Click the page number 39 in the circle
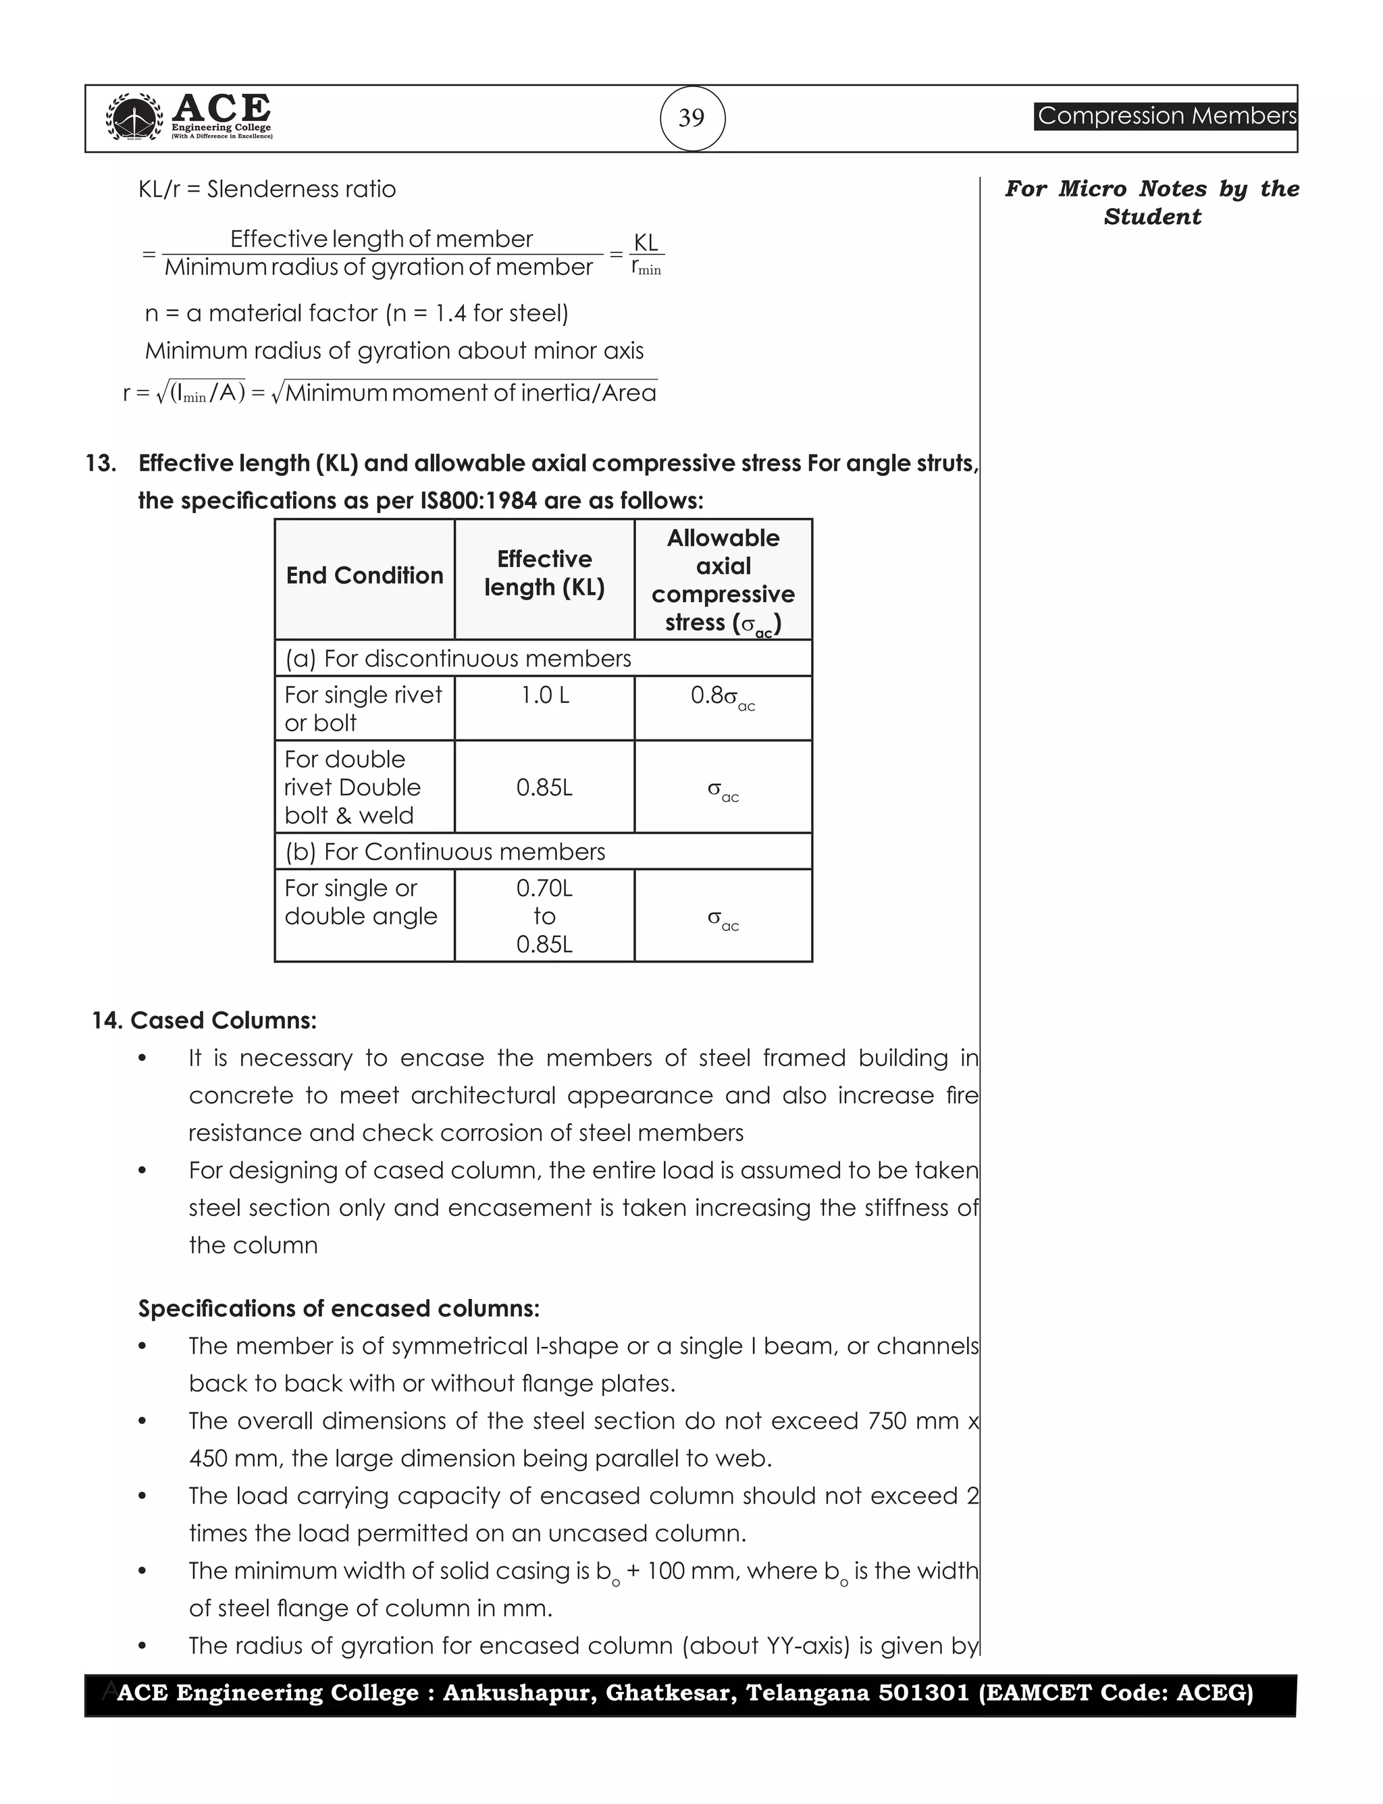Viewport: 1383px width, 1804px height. pyautogui.click(x=691, y=119)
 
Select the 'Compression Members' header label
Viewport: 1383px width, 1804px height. pyautogui.click(x=1166, y=116)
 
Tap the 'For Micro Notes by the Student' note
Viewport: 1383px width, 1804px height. pyautogui.click(x=1151, y=203)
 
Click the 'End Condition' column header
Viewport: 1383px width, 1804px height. pyautogui.click(x=365, y=575)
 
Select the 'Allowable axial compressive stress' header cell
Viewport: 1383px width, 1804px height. pyautogui.click(x=723, y=580)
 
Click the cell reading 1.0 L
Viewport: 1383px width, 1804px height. pyautogui.click(x=544, y=696)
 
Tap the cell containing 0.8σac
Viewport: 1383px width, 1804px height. pyautogui.click(x=722, y=698)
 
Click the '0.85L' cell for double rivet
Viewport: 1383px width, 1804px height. pyautogui.click(x=544, y=788)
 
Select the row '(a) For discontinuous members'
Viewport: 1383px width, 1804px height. pyautogui.click(x=458, y=658)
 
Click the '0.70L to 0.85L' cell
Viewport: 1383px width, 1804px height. pyautogui.click(x=544, y=916)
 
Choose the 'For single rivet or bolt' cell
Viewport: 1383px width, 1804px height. pyautogui.click(x=363, y=709)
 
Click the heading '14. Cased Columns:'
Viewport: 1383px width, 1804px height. pyautogui.click(x=204, y=1021)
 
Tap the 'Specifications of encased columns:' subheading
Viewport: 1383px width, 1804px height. pyautogui.click(x=338, y=1308)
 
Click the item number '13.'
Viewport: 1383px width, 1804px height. pyautogui.click(x=101, y=463)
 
